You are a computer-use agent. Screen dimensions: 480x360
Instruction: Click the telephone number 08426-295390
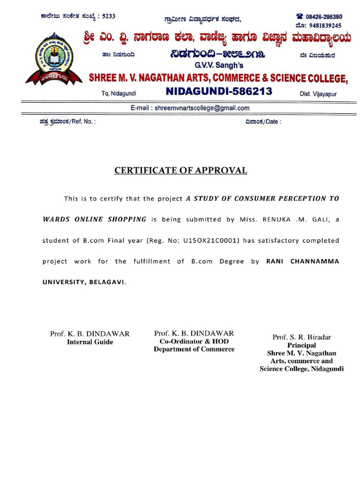(x=325, y=16)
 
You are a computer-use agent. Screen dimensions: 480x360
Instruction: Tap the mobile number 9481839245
(x=328, y=25)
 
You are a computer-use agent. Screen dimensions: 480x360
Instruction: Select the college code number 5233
(x=108, y=16)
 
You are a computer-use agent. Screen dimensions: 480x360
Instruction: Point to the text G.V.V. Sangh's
(x=217, y=66)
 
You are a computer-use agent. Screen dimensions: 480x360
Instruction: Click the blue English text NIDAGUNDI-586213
(x=219, y=91)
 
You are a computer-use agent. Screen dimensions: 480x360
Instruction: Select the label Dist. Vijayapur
(x=318, y=94)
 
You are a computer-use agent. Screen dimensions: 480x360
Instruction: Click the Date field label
(x=262, y=121)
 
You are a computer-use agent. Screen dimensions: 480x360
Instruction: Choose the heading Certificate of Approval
(x=180, y=171)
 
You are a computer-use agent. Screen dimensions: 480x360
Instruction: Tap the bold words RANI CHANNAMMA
(x=302, y=262)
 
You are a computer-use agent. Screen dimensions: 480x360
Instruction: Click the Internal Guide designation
(x=90, y=342)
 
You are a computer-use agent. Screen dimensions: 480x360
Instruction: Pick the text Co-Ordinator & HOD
(x=194, y=341)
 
